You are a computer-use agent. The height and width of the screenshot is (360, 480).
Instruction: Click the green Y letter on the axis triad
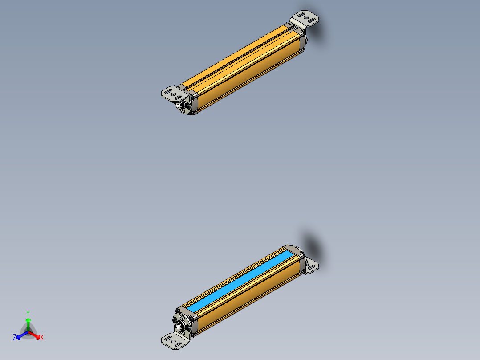[x=28, y=313]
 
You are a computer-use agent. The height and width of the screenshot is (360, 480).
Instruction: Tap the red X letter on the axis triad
[x=42, y=337]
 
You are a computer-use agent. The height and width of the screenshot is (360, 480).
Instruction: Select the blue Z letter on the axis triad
[x=15, y=338]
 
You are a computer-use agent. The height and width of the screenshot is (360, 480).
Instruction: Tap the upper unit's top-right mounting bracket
[x=305, y=19]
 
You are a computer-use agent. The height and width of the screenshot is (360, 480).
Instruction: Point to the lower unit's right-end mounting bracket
[x=312, y=266]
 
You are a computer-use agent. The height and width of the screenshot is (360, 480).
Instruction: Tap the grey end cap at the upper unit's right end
[x=303, y=43]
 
